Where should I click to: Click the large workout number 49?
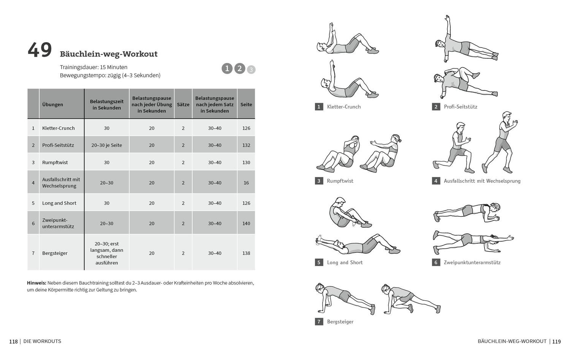tap(40, 50)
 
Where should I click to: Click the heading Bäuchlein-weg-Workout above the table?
tap(109, 54)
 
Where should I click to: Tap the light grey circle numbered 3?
tap(251, 70)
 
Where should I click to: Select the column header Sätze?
tap(183, 104)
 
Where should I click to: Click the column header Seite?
tap(246, 104)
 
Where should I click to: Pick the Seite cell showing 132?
tap(246, 145)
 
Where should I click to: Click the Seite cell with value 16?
tap(246, 183)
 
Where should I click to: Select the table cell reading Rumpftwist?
tap(55, 162)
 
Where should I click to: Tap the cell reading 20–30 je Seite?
tap(107, 145)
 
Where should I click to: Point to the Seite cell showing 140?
tap(246, 224)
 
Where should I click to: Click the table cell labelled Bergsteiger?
tap(55, 253)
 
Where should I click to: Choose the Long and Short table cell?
tap(59, 203)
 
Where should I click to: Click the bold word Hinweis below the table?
tap(36, 283)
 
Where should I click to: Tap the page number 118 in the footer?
tap(13, 341)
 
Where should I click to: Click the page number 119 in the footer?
tap(556, 341)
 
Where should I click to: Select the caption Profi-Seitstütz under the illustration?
tap(461, 107)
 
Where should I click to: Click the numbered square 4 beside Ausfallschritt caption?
tap(436, 181)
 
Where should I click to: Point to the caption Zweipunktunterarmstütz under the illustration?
tap(472, 262)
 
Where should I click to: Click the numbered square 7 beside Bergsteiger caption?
tap(319, 322)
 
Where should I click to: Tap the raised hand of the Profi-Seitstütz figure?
tap(448, 17)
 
